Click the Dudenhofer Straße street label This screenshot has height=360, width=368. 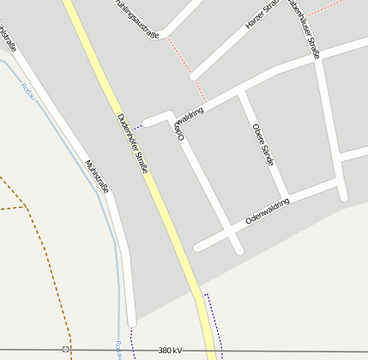pyautogui.click(x=133, y=143)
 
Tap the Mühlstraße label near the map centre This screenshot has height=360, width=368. pyautogui.click(x=97, y=176)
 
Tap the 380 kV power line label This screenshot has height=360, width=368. pyautogui.click(x=171, y=351)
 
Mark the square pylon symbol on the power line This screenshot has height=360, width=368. pyautogui.click(x=65, y=350)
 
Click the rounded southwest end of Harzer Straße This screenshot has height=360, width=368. pyautogui.click(x=195, y=75)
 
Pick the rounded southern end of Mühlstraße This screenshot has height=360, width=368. pyautogui.click(x=131, y=321)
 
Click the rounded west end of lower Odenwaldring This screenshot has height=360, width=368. pyautogui.click(x=198, y=248)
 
